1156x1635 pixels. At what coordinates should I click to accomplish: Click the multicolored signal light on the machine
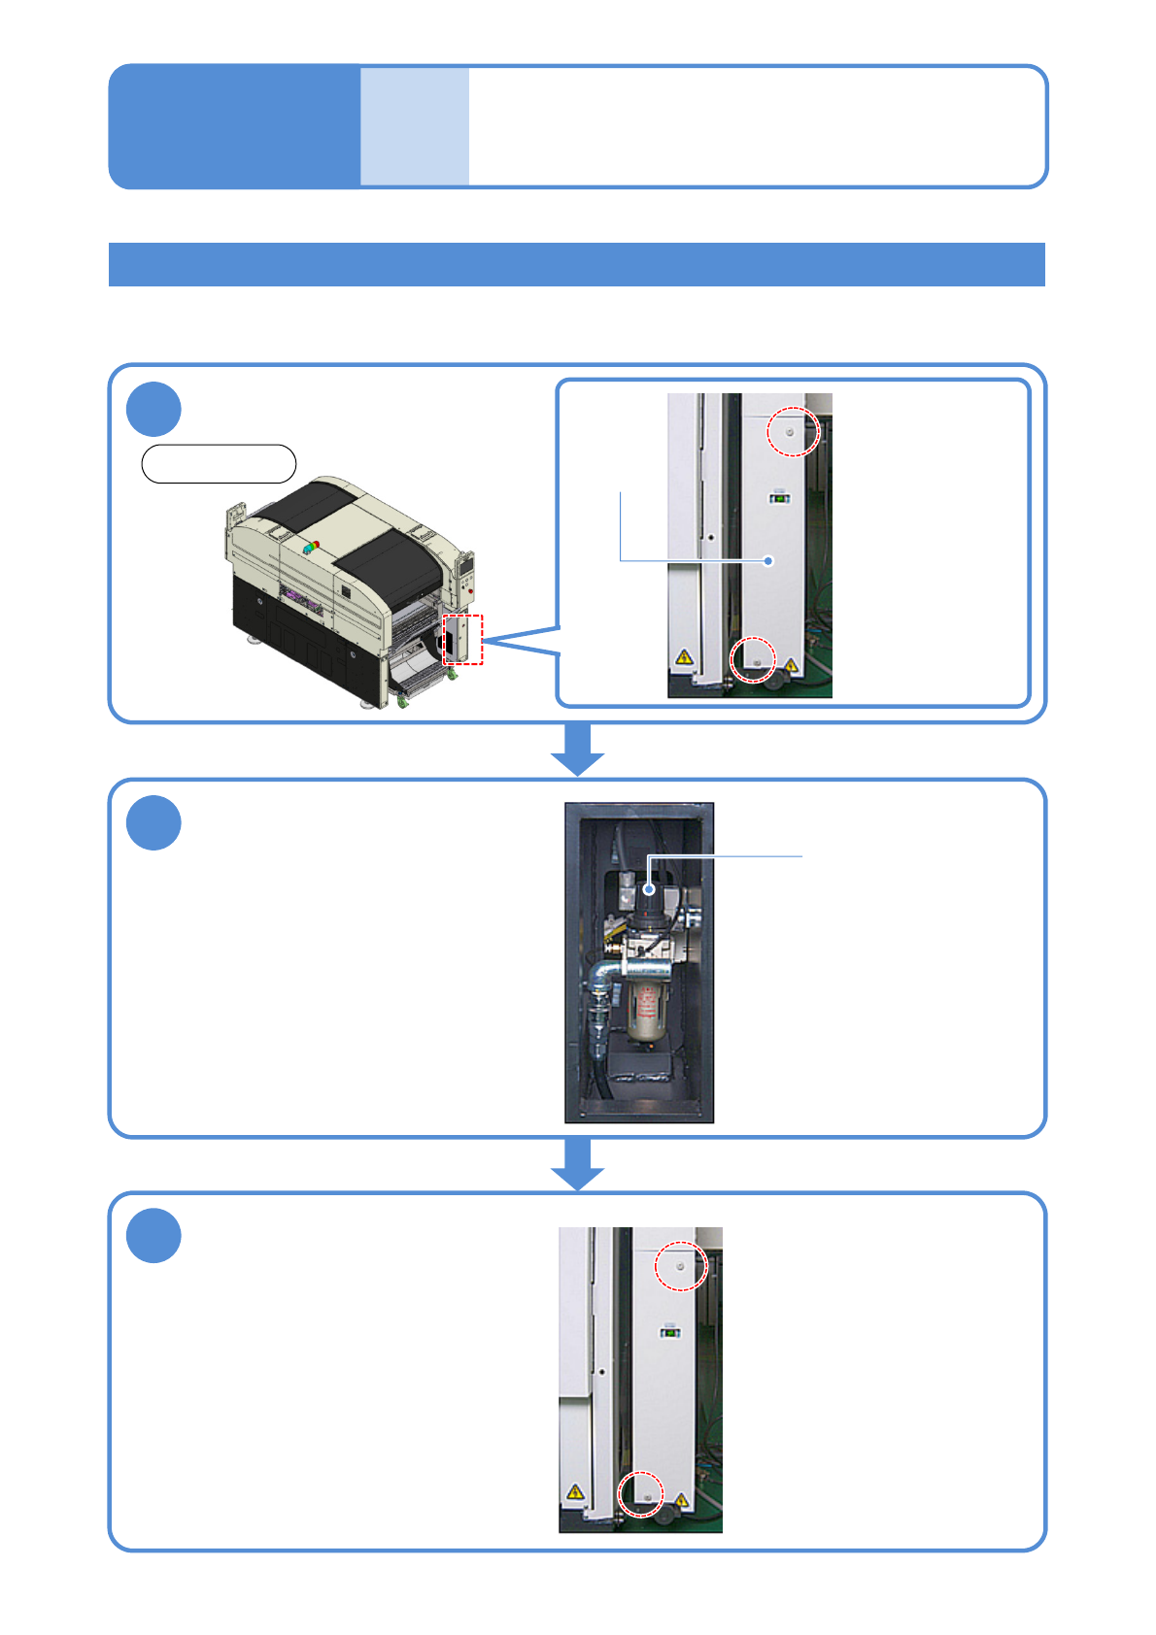coord(311,547)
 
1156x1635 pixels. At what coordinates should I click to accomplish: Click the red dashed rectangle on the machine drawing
coord(462,640)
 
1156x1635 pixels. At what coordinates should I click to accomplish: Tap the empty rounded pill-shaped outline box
coord(219,464)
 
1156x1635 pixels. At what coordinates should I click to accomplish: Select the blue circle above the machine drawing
coord(153,409)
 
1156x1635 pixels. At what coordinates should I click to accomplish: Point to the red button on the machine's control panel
coord(470,589)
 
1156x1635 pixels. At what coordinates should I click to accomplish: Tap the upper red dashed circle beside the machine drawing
coord(793,431)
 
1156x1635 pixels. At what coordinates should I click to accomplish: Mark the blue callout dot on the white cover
coord(768,560)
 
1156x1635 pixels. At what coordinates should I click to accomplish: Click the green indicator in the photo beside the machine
coord(779,499)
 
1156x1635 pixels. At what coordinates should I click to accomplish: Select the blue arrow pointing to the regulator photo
coord(578,750)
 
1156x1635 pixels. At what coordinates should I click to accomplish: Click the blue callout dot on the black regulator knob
coord(650,888)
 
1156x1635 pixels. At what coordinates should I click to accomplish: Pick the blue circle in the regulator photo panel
coord(153,822)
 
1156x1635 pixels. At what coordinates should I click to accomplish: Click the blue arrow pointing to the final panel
coord(578,1163)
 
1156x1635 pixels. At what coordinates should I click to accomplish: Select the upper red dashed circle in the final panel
coord(680,1266)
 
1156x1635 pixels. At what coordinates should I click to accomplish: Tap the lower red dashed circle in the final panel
coord(641,1494)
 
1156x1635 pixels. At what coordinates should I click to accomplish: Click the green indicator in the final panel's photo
coord(669,1332)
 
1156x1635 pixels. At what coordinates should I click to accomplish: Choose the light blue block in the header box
coord(415,126)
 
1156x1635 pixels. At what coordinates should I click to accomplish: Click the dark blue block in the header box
coord(234,126)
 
